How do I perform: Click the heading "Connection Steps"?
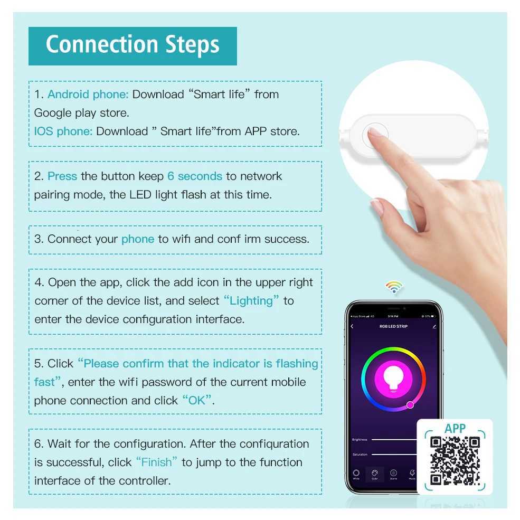click(x=133, y=45)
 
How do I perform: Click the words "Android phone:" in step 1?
click(x=88, y=94)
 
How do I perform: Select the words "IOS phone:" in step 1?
click(x=63, y=131)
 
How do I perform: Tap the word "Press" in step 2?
click(x=62, y=176)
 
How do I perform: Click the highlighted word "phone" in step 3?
click(x=138, y=239)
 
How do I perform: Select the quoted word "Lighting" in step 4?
click(x=251, y=301)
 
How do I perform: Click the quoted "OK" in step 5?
click(x=197, y=401)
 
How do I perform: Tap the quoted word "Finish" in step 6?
click(x=157, y=462)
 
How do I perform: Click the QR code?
click(x=455, y=460)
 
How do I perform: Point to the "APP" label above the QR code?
click(x=455, y=428)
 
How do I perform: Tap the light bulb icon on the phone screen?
click(x=393, y=379)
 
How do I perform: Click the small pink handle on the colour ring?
click(x=410, y=405)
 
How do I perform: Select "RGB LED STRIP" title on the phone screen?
click(x=393, y=326)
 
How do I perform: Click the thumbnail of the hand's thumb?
click(x=376, y=205)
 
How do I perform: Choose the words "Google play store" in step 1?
click(x=81, y=113)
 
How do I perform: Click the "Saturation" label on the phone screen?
click(x=360, y=455)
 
